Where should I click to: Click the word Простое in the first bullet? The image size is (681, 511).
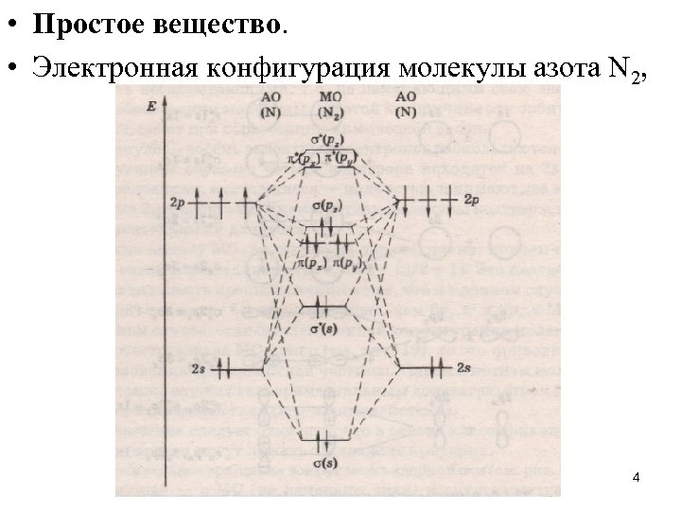79,25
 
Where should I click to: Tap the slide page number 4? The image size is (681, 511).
636,479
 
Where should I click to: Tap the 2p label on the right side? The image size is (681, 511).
474,202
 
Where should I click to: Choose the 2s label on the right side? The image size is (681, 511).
463,366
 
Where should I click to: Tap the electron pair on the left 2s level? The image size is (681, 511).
223,366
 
